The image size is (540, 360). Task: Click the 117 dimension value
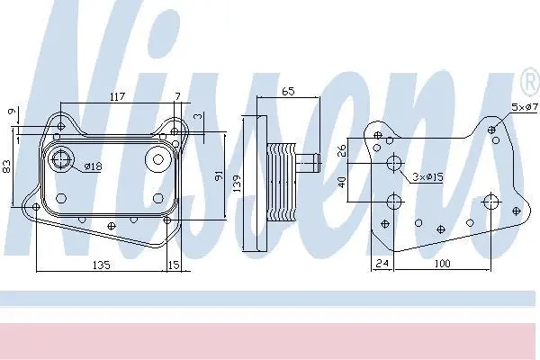point(117,96)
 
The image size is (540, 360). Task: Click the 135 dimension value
point(102,265)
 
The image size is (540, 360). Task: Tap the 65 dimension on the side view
point(288,91)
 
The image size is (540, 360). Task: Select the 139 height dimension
point(237,184)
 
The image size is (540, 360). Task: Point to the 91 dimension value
point(220,175)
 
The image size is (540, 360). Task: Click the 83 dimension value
point(7,166)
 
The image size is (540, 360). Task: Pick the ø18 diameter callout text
point(93,166)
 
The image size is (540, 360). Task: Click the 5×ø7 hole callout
point(525,107)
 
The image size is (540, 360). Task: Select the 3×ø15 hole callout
point(428,177)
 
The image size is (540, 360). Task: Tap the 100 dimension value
point(442,264)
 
